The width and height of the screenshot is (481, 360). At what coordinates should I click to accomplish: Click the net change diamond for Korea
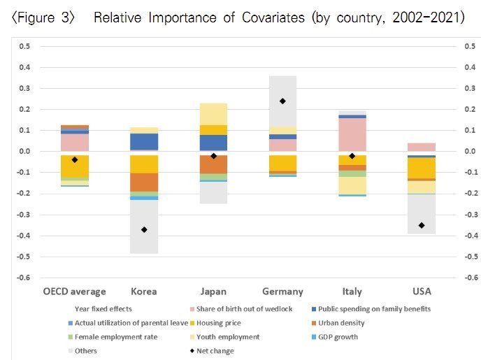[144, 229]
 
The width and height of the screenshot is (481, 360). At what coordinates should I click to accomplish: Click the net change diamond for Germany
[282, 101]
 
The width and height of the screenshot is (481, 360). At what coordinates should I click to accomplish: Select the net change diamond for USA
[422, 225]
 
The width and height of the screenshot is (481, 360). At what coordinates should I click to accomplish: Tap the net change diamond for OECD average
[75, 160]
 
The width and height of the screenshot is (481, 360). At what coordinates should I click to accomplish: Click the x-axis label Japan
[213, 291]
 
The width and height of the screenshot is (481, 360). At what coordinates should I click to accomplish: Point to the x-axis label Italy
[352, 291]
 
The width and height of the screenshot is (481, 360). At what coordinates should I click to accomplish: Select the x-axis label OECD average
[75, 291]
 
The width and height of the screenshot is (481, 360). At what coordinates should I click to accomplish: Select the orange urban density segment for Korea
[144, 182]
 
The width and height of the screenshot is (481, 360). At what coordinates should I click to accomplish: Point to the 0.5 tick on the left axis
[24, 47]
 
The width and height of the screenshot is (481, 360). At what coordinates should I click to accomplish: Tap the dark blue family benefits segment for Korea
[144, 141]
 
